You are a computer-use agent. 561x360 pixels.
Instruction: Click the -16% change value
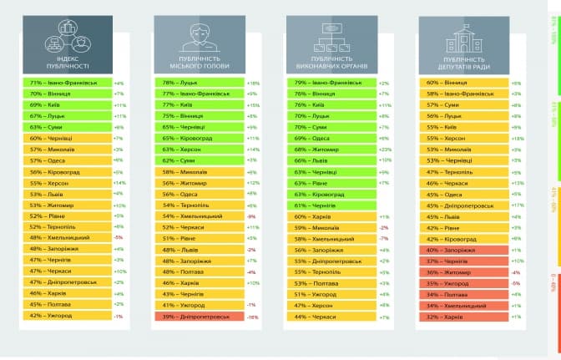click(x=253, y=317)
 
